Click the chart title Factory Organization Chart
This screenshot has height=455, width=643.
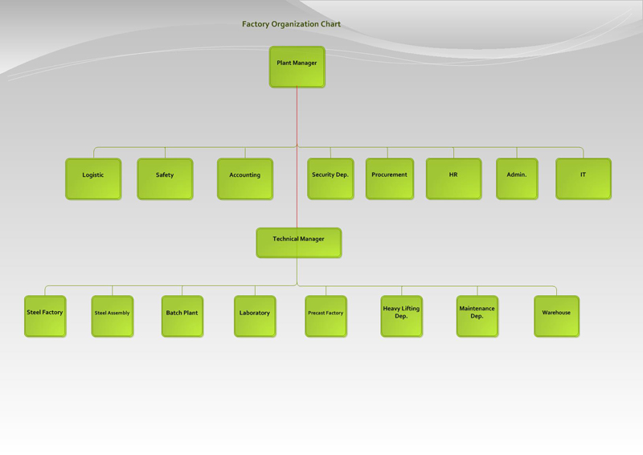(x=291, y=24)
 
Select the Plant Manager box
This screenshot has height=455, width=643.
(x=297, y=67)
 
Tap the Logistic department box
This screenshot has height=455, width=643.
(x=93, y=178)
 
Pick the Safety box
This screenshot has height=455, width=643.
(x=165, y=178)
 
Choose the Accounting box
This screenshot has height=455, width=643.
(x=245, y=178)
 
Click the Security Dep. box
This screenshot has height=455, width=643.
(x=330, y=178)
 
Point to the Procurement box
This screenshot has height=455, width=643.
(x=390, y=178)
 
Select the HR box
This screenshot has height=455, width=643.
(x=453, y=178)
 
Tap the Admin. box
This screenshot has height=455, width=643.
(x=517, y=178)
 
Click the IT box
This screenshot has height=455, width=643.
(x=584, y=178)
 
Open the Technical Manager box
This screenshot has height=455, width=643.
(x=299, y=243)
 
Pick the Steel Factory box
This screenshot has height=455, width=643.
(x=45, y=316)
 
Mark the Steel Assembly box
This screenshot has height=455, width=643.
(x=113, y=316)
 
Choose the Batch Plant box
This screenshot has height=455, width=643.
(x=182, y=316)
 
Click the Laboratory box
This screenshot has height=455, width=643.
(x=255, y=316)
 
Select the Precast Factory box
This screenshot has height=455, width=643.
(x=326, y=316)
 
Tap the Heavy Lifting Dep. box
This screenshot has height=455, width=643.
(x=401, y=316)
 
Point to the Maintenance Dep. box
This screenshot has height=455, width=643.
(x=477, y=316)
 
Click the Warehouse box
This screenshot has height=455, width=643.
(x=556, y=316)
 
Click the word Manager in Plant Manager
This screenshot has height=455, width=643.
(x=305, y=63)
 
